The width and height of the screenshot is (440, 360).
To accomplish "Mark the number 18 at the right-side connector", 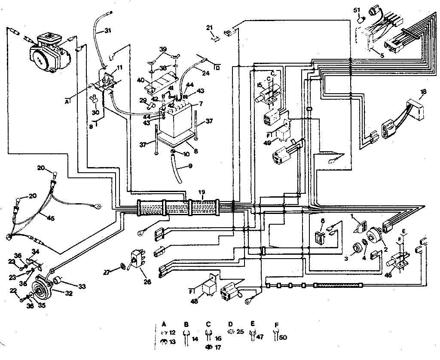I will point(423,92).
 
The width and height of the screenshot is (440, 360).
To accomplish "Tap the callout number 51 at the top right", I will point(356,9).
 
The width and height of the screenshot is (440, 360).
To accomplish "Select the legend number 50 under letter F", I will point(284,338).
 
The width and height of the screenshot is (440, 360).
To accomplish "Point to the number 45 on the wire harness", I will point(51,218).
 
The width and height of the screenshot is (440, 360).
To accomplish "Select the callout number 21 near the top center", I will point(209,27).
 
